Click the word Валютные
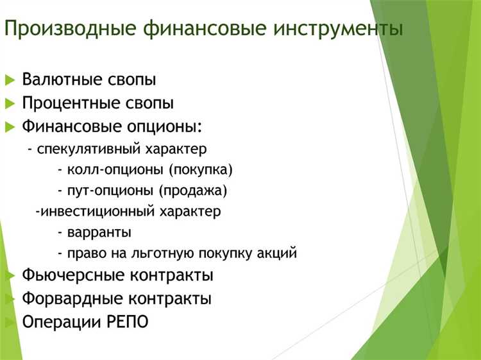[x=62, y=80]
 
